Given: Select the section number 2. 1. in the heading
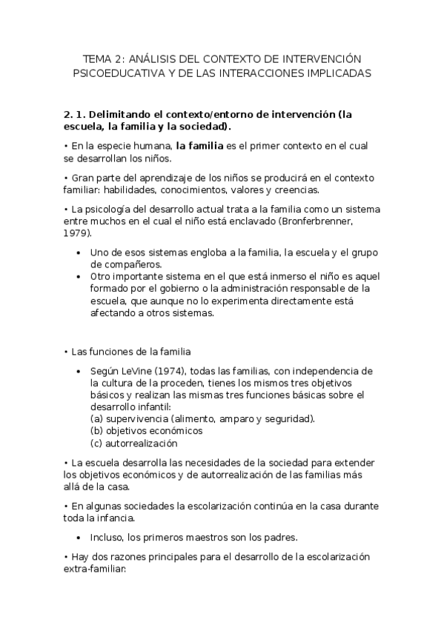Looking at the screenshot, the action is tap(76, 115).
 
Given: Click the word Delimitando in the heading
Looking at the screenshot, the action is tap(125, 115).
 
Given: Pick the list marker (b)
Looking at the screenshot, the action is tap(97, 430).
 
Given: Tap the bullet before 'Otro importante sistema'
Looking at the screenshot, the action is tap(79, 275).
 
